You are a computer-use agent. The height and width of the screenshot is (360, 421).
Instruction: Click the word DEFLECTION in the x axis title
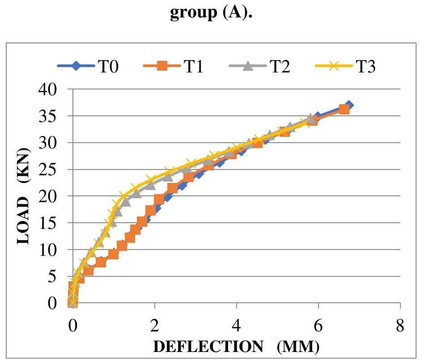coord(208,347)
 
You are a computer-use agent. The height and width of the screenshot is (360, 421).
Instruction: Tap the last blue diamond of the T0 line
coord(349,105)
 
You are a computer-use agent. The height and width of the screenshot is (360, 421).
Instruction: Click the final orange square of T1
coord(344,109)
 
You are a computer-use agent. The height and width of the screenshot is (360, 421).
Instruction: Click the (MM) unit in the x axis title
coord(298,347)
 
